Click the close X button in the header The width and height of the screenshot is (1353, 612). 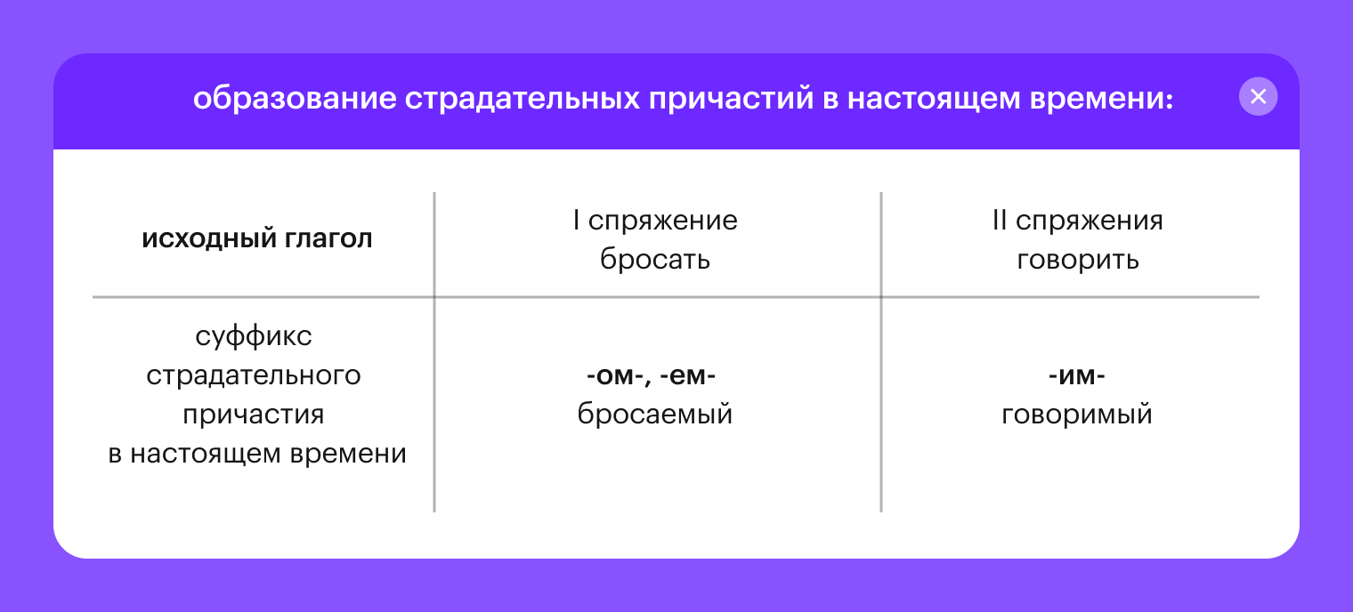point(1258,97)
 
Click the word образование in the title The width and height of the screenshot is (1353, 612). point(295,99)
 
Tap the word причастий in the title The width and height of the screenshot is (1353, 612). point(731,99)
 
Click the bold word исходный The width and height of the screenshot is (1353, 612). point(209,239)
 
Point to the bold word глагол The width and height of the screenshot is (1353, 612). point(328,239)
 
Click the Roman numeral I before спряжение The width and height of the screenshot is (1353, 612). point(576,220)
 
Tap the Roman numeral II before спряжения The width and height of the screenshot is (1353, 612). point(999,220)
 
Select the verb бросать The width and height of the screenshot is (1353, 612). point(655,259)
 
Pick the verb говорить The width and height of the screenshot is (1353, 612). point(1078,259)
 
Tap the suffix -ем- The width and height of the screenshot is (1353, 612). point(688,375)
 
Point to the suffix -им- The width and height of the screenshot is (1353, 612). point(1077,375)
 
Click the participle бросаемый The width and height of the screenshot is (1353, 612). point(655,414)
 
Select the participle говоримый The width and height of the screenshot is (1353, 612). point(1077,414)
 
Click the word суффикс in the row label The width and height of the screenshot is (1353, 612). point(254,336)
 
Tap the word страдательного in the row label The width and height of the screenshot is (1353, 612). point(254,375)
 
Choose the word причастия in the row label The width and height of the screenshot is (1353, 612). point(254,415)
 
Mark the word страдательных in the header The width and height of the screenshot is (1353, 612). point(523,99)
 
